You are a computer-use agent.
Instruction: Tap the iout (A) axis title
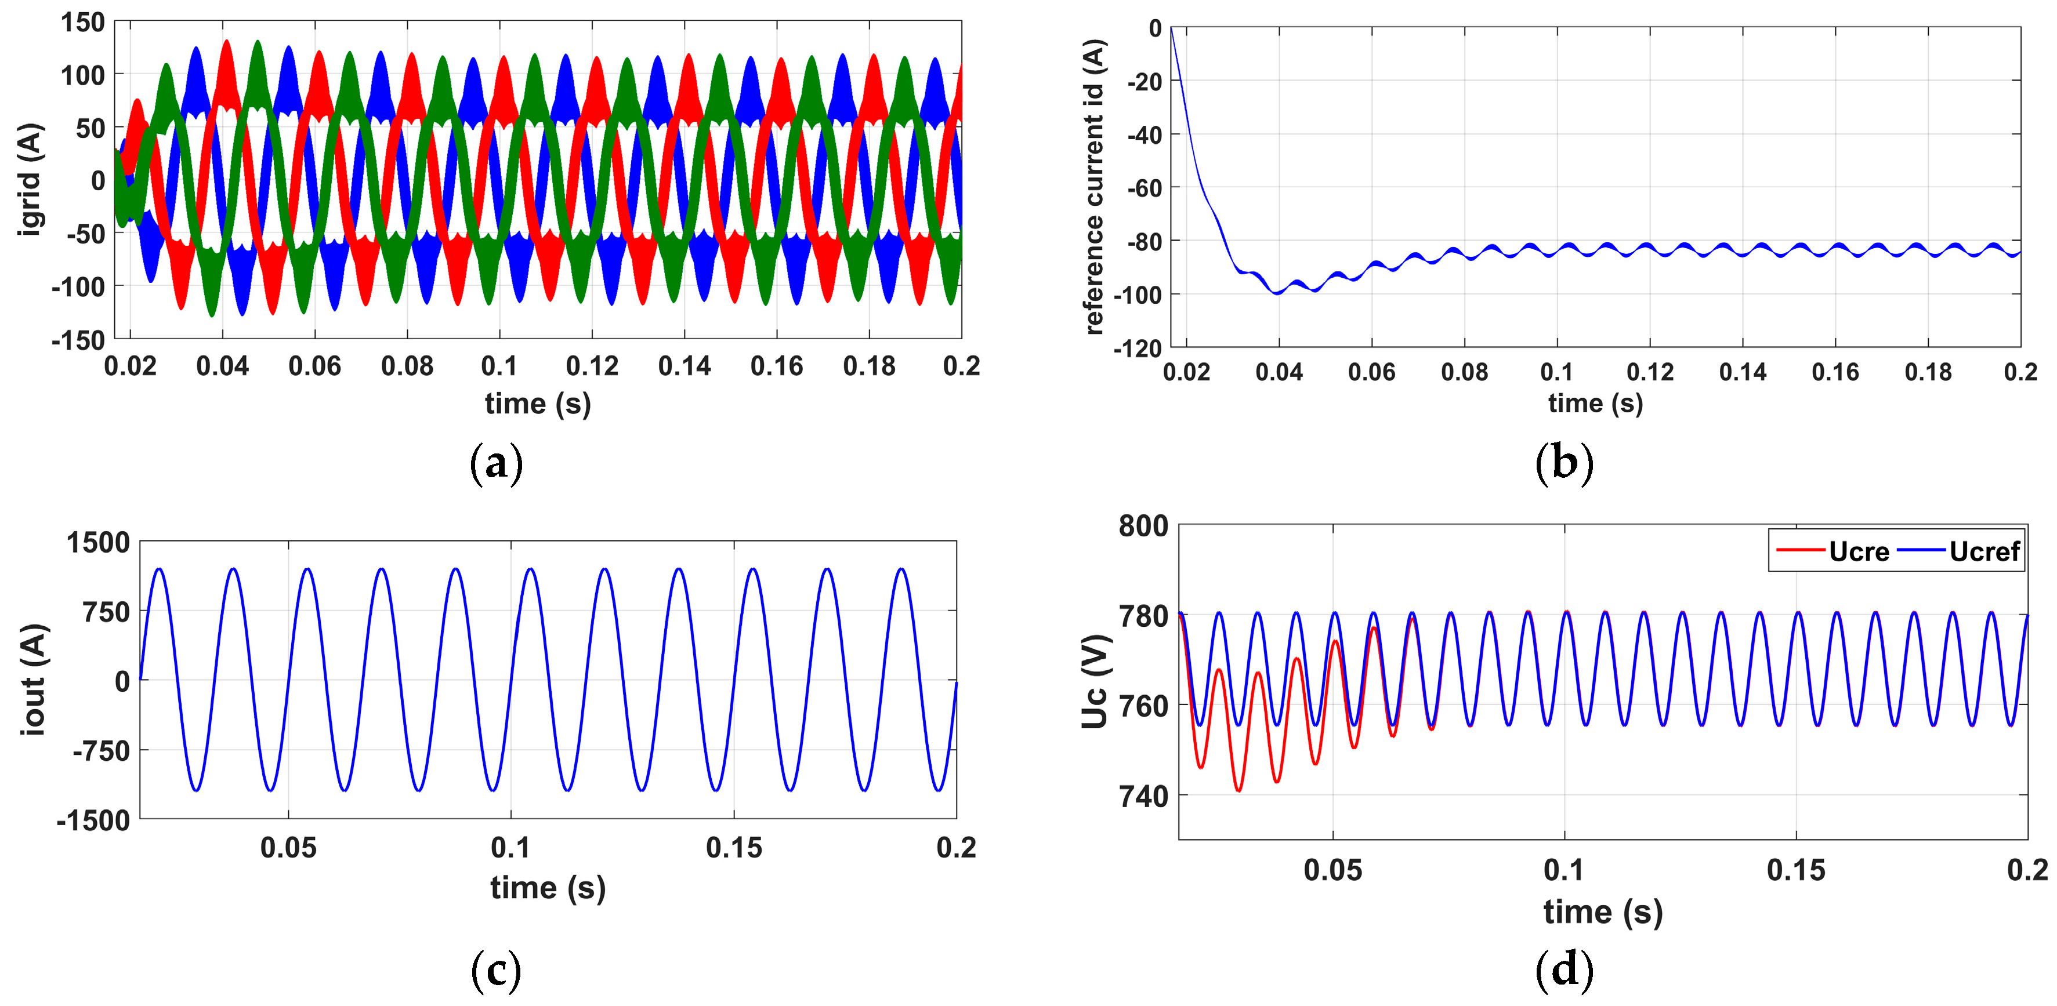34,680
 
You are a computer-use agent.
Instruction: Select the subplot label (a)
496,463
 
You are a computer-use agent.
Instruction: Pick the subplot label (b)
1563,463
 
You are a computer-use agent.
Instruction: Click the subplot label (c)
496,969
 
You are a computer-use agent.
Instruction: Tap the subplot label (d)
1563,969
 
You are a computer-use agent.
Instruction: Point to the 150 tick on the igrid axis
83,23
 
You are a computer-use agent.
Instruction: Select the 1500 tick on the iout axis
97,543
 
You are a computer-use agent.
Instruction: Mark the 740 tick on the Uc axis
1143,796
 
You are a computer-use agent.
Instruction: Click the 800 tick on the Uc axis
1143,526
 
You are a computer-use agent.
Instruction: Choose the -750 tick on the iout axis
100,750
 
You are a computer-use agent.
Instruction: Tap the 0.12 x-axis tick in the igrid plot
592,366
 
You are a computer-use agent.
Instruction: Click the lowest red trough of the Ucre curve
1238,790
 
